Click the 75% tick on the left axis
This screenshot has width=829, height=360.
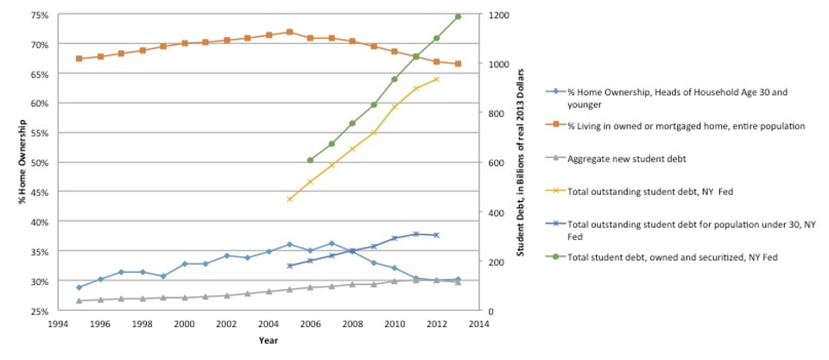[x=37, y=15]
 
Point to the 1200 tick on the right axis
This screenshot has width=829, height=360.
[x=502, y=15]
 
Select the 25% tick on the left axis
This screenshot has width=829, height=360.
[x=37, y=311]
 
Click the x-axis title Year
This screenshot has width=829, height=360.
[x=268, y=339]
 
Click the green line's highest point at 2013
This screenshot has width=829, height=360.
[x=458, y=16]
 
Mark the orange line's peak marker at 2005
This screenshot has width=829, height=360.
[x=289, y=32]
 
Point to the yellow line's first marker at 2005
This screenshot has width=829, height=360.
[x=289, y=199]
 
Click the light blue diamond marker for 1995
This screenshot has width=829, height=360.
[x=79, y=287]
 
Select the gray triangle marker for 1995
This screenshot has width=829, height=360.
[x=79, y=300]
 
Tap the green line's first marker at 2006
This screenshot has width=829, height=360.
[x=310, y=160]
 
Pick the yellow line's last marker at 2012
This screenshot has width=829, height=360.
[x=436, y=79]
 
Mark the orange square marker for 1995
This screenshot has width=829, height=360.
[x=79, y=59]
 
